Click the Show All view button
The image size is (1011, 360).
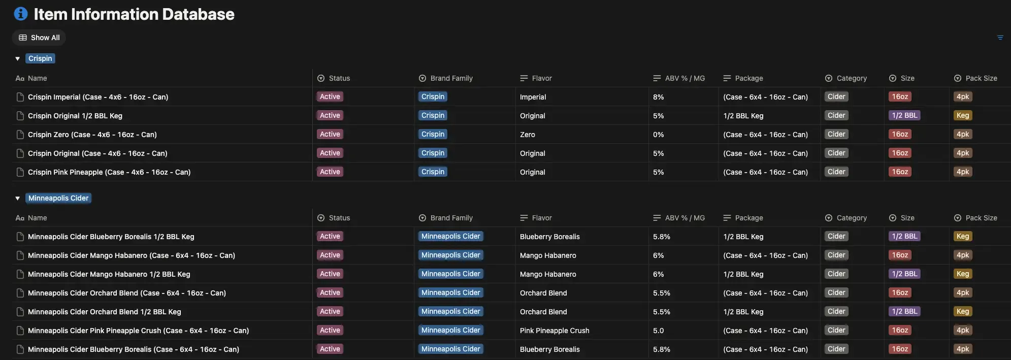[x=39, y=38]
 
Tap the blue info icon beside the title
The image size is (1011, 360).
[x=21, y=14]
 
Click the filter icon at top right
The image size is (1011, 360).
[x=1000, y=38]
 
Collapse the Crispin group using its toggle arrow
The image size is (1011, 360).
[x=18, y=59]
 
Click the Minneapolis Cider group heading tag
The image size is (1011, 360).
[x=58, y=198]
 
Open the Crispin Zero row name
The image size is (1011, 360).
[x=92, y=135]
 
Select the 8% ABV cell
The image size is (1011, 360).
[x=659, y=97]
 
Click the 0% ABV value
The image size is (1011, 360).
[x=659, y=135]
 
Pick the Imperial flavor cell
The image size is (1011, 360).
[x=533, y=97]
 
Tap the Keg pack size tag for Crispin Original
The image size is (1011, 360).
[x=963, y=115]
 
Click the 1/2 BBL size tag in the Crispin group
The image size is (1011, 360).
[x=905, y=115]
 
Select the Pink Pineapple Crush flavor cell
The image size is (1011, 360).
[x=555, y=331]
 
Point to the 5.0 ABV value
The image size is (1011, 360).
[x=658, y=331]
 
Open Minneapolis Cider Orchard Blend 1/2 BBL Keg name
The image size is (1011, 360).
[x=104, y=312]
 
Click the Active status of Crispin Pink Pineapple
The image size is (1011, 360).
[x=330, y=172]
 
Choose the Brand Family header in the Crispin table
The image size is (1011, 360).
[x=451, y=78]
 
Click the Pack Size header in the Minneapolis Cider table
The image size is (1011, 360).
[x=981, y=218]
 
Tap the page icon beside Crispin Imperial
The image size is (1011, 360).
[x=20, y=97]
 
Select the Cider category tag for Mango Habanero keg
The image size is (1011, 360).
[x=836, y=274]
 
